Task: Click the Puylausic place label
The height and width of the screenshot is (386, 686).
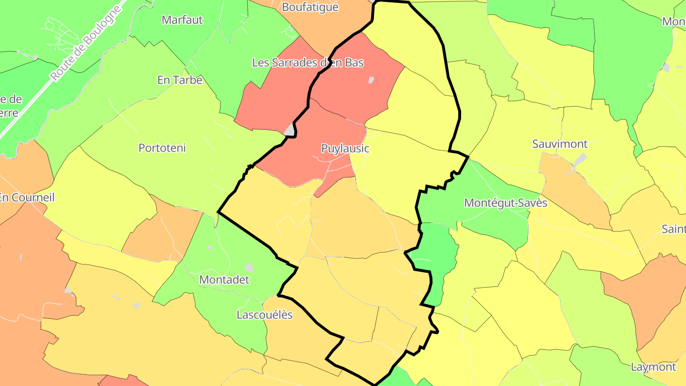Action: coord(345,148)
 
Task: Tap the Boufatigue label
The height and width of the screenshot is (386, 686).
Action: coord(310,7)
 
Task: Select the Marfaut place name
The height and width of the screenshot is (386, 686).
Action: coord(182,20)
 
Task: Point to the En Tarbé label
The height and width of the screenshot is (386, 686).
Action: coord(180,80)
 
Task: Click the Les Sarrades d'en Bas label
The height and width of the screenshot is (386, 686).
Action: coord(307,62)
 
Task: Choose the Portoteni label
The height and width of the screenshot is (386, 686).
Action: coord(162,148)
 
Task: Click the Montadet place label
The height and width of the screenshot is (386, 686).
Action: coord(224,280)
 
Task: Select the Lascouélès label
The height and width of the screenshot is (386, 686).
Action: coord(264,315)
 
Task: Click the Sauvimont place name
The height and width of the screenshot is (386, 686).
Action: coord(560,144)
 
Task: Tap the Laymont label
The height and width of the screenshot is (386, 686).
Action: coord(653,367)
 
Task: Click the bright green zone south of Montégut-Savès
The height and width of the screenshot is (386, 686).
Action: coord(436,262)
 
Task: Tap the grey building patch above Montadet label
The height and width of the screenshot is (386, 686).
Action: coord(249,267)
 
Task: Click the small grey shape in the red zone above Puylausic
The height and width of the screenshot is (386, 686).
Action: coord(371,80)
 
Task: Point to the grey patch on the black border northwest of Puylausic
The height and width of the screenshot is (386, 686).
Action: coord(289,129)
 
